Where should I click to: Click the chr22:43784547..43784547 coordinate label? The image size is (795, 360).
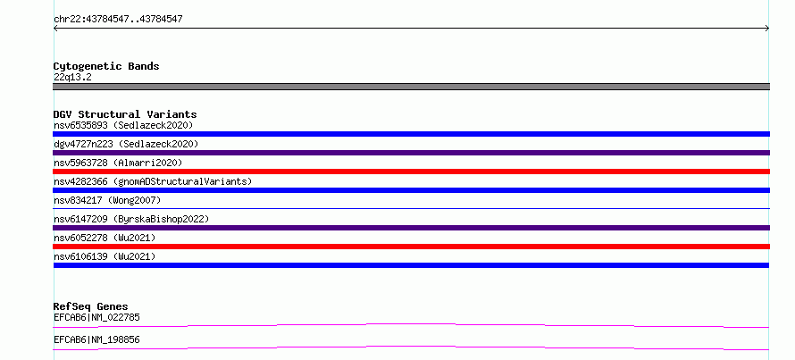pos(118,20)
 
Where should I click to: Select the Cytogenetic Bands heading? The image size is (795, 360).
pos(106,66)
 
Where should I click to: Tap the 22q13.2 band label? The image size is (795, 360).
pos(72,78)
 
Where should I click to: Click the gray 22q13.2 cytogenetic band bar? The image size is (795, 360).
pos(411,87)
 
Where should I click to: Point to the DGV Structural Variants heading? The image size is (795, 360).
pos(125,114)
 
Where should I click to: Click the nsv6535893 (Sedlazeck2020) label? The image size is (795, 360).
pos(123,125)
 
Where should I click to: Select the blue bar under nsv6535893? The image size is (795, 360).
pos(411,134)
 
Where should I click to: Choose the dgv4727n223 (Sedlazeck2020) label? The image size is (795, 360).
pos(126,144)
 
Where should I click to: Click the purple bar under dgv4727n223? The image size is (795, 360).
pos(411,153)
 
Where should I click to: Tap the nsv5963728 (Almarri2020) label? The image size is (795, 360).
pos(118,163)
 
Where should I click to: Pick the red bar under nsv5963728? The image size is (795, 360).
pos(411,172)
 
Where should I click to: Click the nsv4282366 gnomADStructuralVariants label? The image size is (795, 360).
pos(153,181)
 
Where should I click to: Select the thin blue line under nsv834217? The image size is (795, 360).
pos(411,208)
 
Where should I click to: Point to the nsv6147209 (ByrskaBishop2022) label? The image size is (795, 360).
pos(131,219)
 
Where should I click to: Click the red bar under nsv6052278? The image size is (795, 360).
pos(411,247)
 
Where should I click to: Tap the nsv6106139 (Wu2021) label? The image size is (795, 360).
pos(105,256)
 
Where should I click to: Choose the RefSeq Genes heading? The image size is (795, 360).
pos(90,306)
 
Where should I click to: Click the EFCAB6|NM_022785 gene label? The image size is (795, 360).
pos(96,318)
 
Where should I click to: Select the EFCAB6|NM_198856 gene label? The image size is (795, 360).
pos(96,340)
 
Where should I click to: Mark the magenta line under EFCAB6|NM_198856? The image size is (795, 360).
pos(411,347)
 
